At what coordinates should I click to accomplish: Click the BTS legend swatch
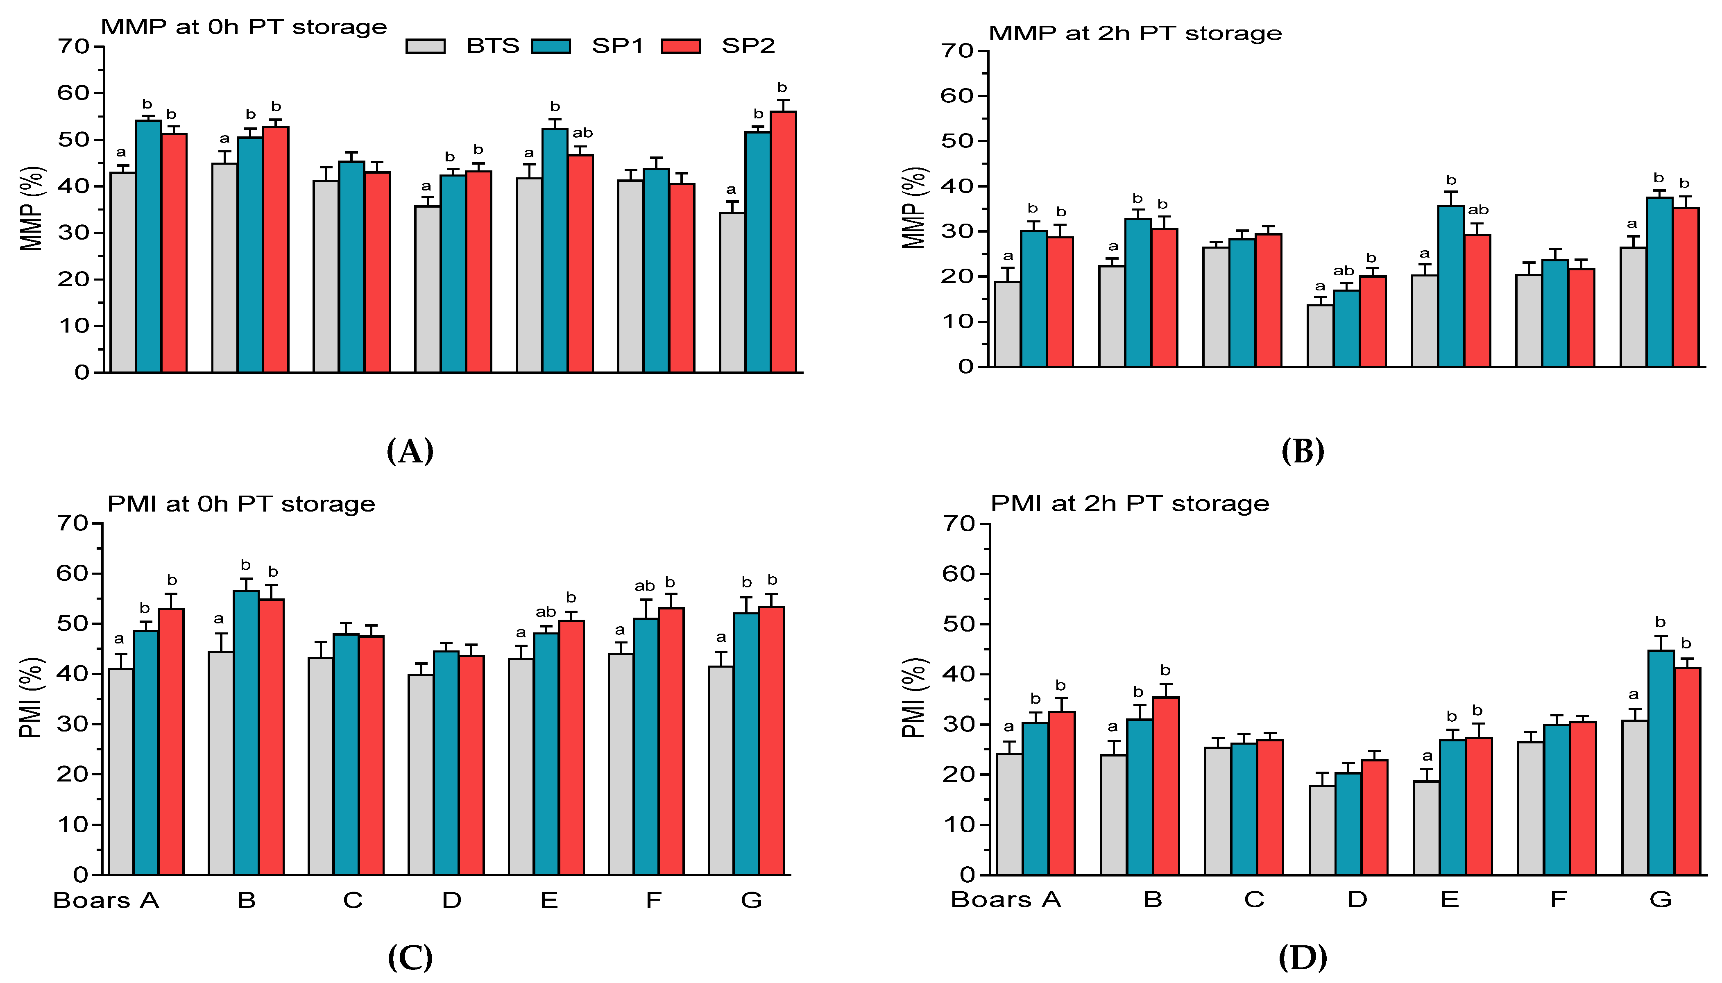(x=425, y=46)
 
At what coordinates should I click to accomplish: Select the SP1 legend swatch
(x=551, y=46)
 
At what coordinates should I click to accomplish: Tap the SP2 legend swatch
(x=680, y=46)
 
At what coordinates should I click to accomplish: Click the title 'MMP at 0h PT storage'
(x=244, y=27)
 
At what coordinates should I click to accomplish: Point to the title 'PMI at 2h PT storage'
(x=1129, y=504)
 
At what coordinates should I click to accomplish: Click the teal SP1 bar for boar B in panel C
(x=246, y=732)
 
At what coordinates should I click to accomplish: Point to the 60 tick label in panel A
(x=73, y=93)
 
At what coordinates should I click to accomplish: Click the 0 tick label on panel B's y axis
(x=965, y=367)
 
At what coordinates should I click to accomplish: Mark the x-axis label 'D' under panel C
(x=451, y=900)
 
